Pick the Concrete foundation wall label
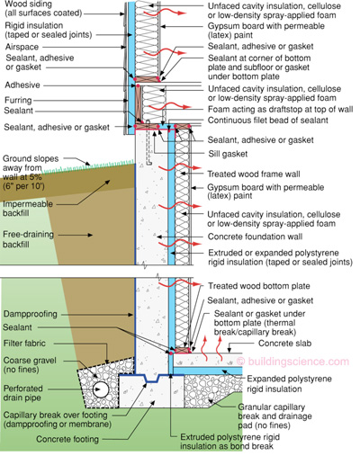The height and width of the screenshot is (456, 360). click(257, 233)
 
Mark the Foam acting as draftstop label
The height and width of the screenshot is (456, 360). click(269, 113)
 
